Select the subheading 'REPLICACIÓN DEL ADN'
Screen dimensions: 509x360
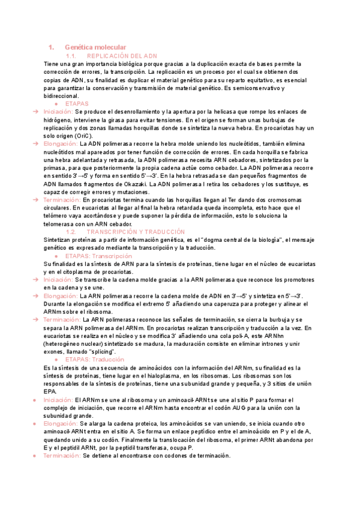coord(126,56)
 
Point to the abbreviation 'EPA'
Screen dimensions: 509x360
coord(50,391)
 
